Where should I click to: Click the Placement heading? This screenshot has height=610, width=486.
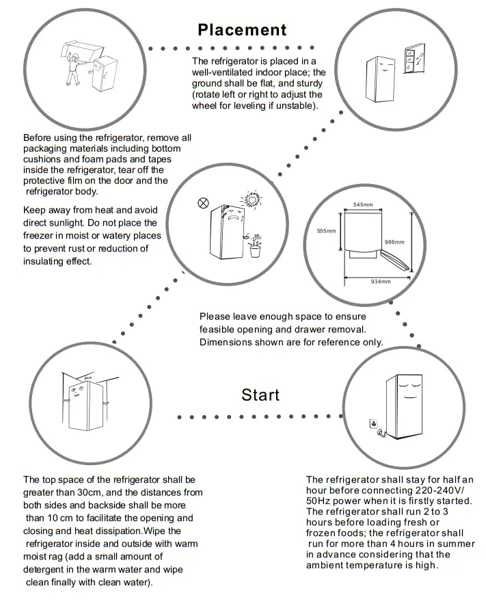[x=242, y=30]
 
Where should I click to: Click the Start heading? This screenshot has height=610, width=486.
[x=260, y=395]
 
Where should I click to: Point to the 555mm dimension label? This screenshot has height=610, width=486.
[x=327, y=231]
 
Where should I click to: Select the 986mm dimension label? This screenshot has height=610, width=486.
[x=394, y=242]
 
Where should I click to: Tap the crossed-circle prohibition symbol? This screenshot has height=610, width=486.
[x=202, y=203]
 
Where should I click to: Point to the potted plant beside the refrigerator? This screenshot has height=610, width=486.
[x=256, y=248]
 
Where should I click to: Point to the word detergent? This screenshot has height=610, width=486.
[x=49, y=570]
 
